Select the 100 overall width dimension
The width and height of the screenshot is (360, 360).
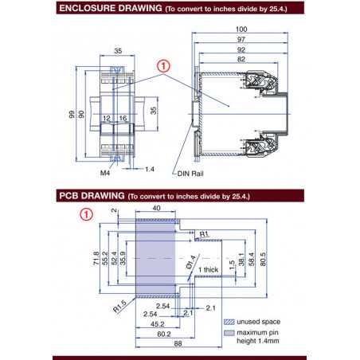(x=241, y=29)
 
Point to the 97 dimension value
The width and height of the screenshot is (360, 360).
(x=241, y=39)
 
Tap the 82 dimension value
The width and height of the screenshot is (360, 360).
(x=241, y=58)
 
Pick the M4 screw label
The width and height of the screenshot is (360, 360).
(x=104, y=170)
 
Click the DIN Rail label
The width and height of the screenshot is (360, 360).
(x=190, y=171)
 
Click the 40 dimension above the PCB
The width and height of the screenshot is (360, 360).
(x=155, y=209)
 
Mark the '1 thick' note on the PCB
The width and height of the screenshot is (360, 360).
(x=208, y=271)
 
